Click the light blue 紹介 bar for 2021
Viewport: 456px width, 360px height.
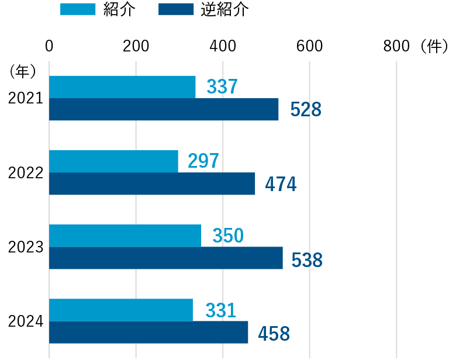coord(122,87)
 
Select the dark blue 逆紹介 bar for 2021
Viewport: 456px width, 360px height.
coord(164,109)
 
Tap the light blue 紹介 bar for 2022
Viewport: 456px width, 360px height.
coord(113,161)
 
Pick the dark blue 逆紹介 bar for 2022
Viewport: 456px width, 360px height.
coord(152,184)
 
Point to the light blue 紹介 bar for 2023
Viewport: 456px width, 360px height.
coord(125,236)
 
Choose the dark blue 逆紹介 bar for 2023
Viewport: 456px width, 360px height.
coord(166,258)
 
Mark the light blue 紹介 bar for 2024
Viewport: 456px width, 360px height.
coord(121,310)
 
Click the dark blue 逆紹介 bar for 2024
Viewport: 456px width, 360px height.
coord(148,332)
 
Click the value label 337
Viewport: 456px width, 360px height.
coord(222,87)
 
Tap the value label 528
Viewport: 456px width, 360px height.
coord(306,109)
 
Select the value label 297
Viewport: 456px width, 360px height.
coord(203,161)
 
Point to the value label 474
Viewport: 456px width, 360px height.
coord(281,184)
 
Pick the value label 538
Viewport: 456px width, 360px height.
coord(306,260)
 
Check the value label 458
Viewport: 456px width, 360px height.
coord(274,334)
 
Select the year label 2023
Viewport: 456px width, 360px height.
coord(26,247)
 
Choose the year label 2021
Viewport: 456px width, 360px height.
coord(26,99)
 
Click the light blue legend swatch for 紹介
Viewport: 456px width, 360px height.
coord(77,9)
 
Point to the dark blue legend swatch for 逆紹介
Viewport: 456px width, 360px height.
coord(176,9)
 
